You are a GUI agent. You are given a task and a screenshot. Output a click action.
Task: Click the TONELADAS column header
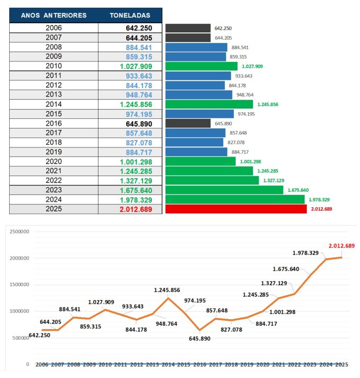click(x=130, y=15)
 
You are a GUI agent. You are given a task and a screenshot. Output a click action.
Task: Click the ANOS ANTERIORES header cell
click(x=54, y=15)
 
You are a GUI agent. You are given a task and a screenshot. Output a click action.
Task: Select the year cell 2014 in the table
click(x=54, y=104)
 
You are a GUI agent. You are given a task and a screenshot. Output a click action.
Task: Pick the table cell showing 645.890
click(x=140, y=123)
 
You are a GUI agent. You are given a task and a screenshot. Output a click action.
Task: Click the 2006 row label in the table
click(x=54, y=28)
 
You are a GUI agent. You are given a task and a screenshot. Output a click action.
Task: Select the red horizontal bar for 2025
click(x=236, y=209)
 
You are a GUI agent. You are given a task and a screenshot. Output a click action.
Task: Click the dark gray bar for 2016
click(x=188, y=123)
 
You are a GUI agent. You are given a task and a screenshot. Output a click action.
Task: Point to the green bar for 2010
click(x=202, y=66)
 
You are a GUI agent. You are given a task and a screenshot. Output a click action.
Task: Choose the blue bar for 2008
click(x=196, y=47)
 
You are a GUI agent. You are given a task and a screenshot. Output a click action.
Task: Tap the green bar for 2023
click(x=224, y=190)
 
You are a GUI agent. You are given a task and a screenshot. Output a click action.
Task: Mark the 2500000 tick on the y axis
click(x=17, y=232)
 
